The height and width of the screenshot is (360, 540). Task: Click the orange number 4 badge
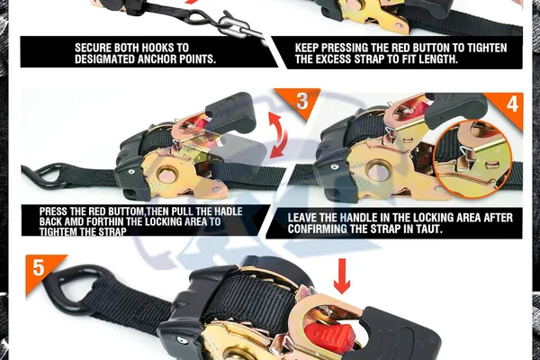tap(508, 104)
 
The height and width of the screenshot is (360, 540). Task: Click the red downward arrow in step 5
tap(342, 276)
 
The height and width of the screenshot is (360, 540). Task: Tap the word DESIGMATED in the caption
tap(104, 58)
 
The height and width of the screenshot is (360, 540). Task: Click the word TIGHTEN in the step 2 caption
tap(488, 48)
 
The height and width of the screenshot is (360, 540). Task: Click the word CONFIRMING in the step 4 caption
tap(317, 229)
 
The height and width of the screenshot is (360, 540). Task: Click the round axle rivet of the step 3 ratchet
tap(168, 174)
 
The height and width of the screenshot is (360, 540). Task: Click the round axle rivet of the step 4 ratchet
tap(379, 170)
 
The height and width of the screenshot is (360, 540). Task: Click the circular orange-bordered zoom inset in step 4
tap(472, 158)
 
